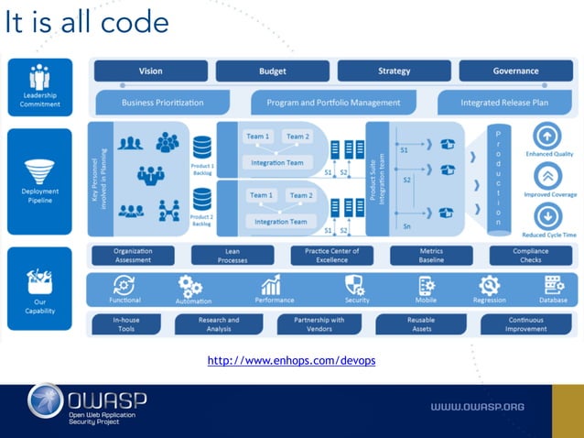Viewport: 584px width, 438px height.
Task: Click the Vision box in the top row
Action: coord(151,71)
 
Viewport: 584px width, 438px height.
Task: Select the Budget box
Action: coord(273,71)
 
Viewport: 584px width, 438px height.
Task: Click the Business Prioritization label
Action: coord(162,103)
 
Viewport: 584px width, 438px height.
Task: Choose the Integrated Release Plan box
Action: coord(504,103)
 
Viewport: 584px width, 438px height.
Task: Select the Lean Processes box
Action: coord(233,255)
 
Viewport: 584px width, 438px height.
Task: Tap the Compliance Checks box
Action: coord(531,255)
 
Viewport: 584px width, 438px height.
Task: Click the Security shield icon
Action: coord(355,285)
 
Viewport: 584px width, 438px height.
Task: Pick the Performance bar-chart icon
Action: coord(272,285)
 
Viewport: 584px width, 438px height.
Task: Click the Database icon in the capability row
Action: coord(554,285)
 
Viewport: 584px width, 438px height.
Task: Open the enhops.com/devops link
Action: coord(291,361)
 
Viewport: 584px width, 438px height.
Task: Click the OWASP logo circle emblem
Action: coord(45,403)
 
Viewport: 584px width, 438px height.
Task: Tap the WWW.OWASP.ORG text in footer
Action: coord(476,406)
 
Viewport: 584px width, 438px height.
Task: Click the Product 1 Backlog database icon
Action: coord(201,147)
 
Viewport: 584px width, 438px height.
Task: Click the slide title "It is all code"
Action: coord(87,23)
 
